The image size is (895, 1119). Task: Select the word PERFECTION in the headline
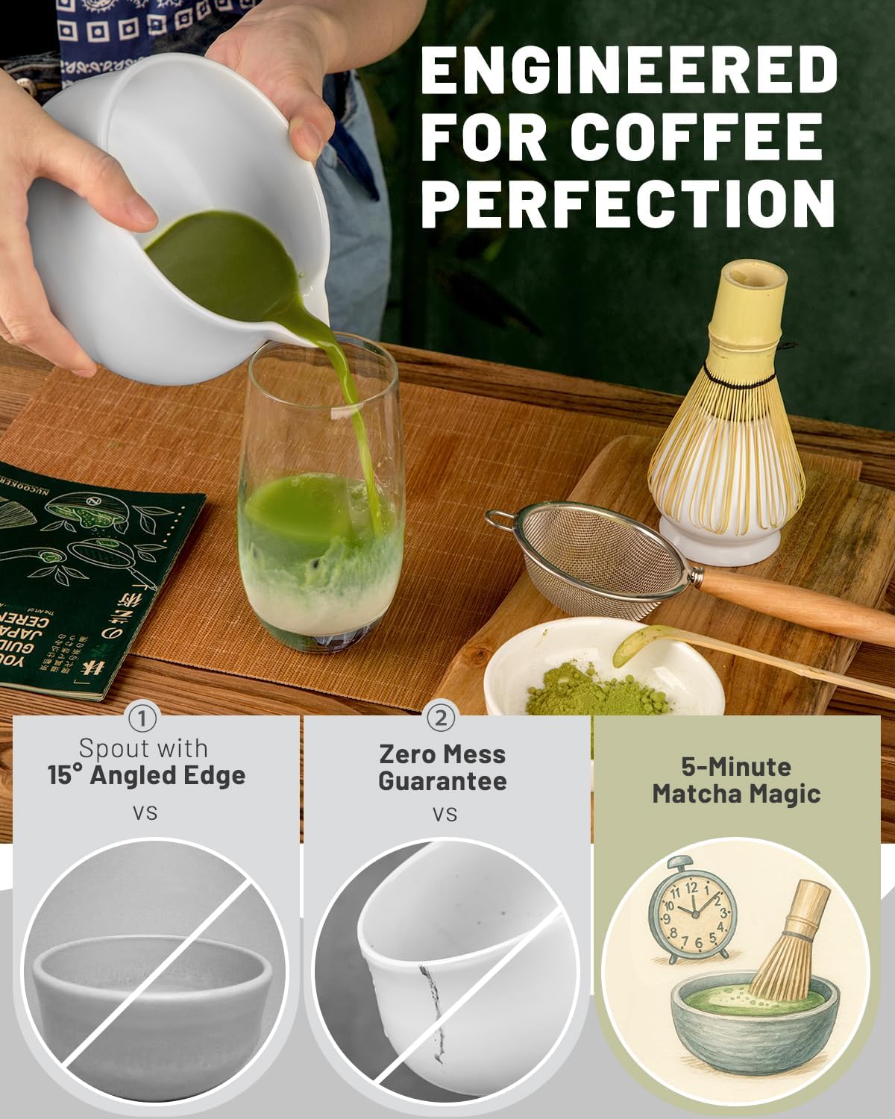(x=629, y=203)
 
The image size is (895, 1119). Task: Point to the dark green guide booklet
(x=75, y=574)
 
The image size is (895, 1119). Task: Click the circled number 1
(x=142, y=718)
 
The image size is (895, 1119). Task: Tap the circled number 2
(x=442, y=718)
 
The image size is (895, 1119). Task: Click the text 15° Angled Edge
(x=146, y=775)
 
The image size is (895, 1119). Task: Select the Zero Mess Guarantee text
(x=442, y=768)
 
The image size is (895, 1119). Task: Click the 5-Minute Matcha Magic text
(x=736, y=780)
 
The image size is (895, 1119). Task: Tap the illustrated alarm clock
(x=692, y=910)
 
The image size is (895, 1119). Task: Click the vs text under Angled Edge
(x=145, y=812)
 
